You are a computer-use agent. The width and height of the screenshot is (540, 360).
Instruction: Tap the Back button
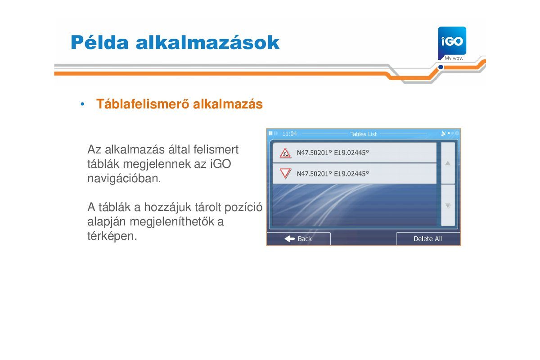pyautogui.click(x=298, y=238)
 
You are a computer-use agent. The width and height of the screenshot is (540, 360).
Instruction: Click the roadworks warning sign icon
pyautogui.click(x=285, y=153)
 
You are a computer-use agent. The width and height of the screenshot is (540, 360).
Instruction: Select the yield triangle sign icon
pyautogui.click(x=285, y=173)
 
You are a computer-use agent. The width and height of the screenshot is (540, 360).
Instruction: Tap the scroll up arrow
pyautogui.click(x=448, y=163)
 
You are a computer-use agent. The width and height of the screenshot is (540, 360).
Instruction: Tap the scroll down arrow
pyautogui.click(x=448, y=206)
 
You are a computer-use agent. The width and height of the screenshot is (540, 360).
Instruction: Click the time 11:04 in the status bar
pyautogui.click(x=289, y=134)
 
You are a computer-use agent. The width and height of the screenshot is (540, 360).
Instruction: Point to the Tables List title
pyautogui.click(x=363, y=134)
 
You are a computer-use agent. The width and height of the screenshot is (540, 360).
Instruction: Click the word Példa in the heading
pyautogui.click(x=99, y=42)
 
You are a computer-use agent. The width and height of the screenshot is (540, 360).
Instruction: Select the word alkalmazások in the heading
pyautogui.click(x=207, y=42)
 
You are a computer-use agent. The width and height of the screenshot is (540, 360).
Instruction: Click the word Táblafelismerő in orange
pyautogui.click(x=144, y=104)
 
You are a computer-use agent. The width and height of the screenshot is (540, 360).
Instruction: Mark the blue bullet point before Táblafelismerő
pyautogui.click(x=82, y=104)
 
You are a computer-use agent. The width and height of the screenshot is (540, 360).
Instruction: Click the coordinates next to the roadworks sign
pyautogui.click(x=333, y=153)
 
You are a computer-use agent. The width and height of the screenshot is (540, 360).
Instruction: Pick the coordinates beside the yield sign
pyautogui.click(x=333, y=174)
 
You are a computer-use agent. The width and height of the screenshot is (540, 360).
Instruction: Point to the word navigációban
pyautogui.click(x=124, y=179)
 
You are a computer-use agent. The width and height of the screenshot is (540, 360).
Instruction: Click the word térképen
pyautogui.click(x=112, y=236)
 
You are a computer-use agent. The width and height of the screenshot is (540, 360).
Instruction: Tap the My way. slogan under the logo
pyautogui.click(x=454, y=58)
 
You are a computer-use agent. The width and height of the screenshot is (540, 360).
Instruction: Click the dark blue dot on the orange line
pyautogui.click(x=441, y=67)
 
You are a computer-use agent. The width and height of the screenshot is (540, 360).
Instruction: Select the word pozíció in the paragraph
pyautogui.click(x=243, y=207)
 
